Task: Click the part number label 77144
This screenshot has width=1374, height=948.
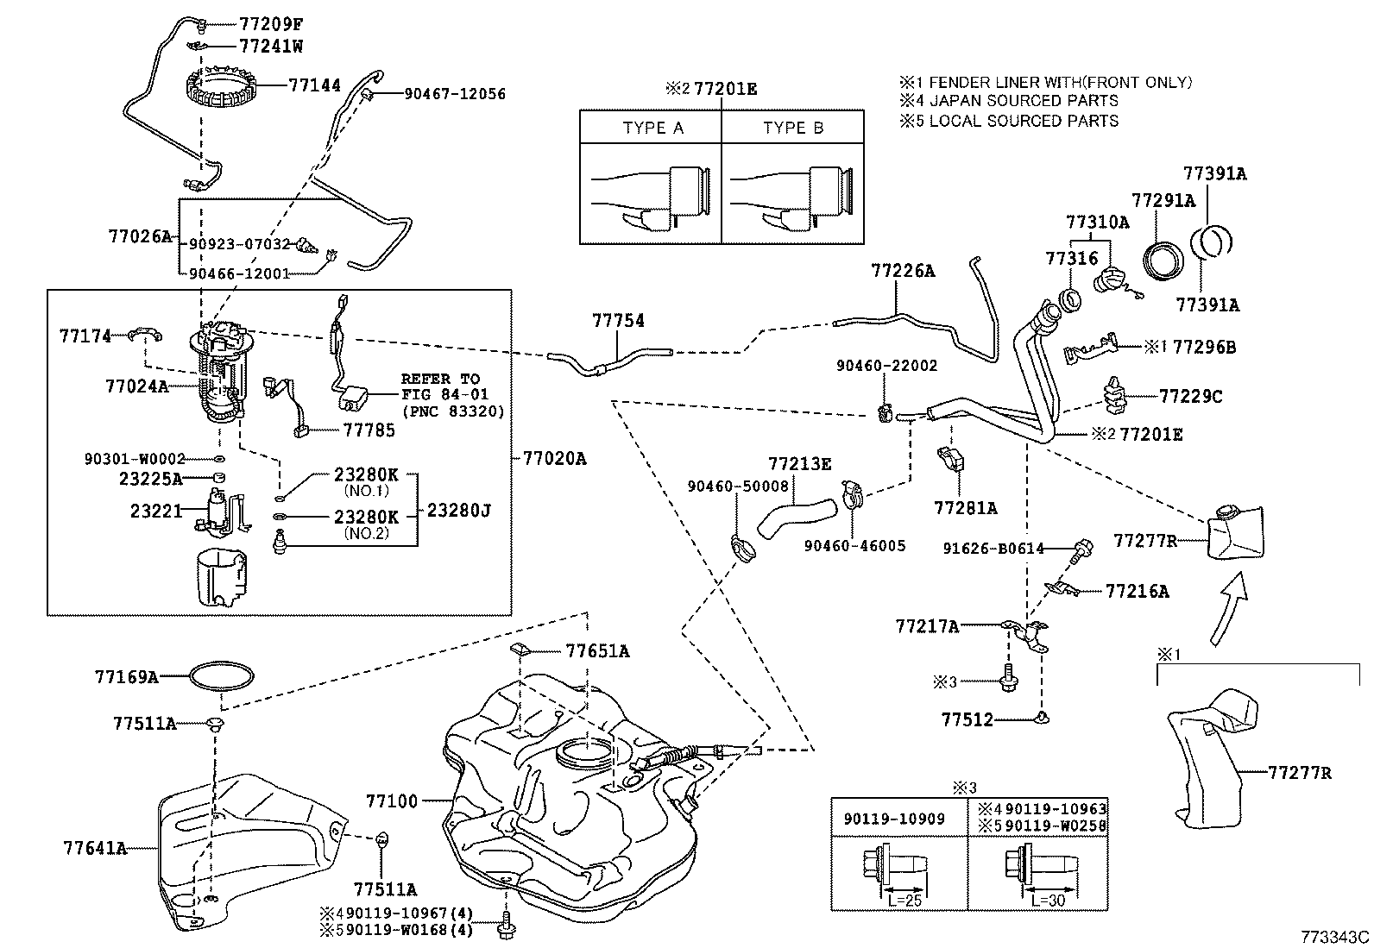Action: click(314, 85)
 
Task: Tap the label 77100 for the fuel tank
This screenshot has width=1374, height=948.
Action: click(391, 801)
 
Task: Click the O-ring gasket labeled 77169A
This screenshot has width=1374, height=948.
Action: click(223, 676)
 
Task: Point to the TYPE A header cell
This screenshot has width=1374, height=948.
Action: click(652, 128)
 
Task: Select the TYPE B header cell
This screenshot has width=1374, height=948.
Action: click(793, 128)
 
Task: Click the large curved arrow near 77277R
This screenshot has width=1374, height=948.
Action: click(1230, 609)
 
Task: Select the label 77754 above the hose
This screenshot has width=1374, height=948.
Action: click(618, 321)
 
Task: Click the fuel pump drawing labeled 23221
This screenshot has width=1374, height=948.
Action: click(222, 511)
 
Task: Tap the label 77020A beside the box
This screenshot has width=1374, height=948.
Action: click(553, 459)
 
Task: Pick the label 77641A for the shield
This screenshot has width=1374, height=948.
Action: click(95, 848)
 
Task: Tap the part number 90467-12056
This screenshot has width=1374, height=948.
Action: click(455, 94)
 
